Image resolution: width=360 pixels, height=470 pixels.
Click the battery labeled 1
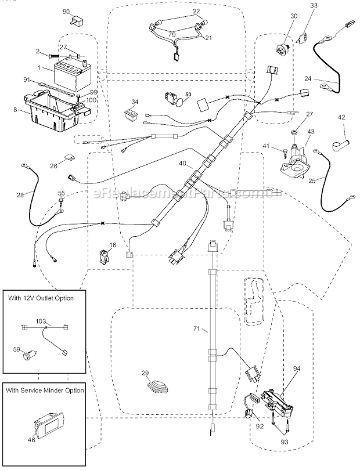[x=69, y=74]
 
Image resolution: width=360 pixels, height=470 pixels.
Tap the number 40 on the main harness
[x=183, y=164]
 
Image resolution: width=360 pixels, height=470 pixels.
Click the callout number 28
[x=20, y=195]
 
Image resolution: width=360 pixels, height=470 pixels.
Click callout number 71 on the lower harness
[x=196, y=329]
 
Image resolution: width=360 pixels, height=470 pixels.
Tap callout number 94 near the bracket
[x=296, y=368]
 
